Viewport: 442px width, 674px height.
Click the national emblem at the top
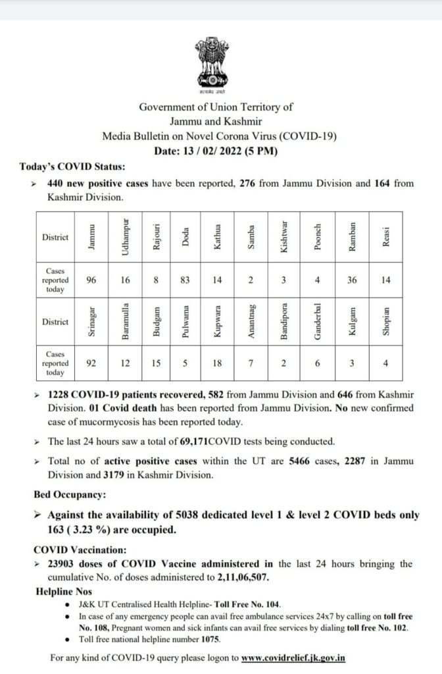click(x=210, y=65)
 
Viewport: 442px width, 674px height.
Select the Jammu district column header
click(x=91, y=237)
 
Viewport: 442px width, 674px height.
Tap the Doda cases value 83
click(x=185, y=280)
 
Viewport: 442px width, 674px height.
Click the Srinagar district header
click(x=91, y=322)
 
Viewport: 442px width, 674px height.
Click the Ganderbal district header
click(x=318, y=322)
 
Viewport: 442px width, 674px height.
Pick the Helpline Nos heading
click(x=64, y=592)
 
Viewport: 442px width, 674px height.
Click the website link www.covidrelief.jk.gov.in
click(x=293, y=658)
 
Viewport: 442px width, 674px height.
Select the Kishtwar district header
click(x=284, y=237)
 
